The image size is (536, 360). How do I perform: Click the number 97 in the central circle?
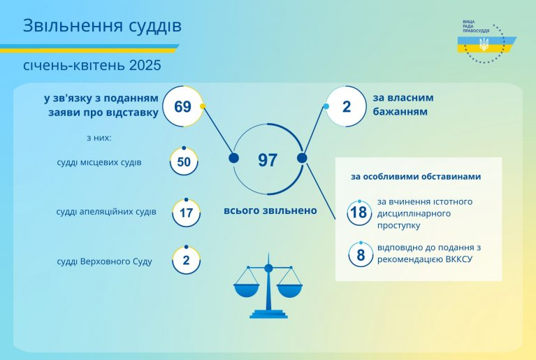[268, 160]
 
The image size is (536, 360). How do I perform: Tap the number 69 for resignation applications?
[182, 107]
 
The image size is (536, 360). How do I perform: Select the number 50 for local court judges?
[184, 161]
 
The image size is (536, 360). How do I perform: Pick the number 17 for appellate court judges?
[187, 213]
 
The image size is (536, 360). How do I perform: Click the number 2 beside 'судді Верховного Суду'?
[186, 260]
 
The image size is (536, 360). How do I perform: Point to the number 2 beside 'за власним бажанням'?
[347, 107]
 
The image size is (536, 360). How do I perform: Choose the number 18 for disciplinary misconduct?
[359, 213]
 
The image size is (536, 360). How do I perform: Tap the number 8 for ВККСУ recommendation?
[361, 255]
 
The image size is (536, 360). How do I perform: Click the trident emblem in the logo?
[484, 44]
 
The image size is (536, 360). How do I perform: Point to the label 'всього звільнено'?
[270, 210]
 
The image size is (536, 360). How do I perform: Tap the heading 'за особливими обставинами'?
[416, 176]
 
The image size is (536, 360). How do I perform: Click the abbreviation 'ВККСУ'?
[459, 259]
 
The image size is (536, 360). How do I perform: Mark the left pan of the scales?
[247, 290]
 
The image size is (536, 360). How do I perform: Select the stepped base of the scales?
[268, 314]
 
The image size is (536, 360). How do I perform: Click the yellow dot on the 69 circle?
[203, 106]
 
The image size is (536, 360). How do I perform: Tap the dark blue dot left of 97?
[234, 158]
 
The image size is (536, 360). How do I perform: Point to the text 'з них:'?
[99, 138]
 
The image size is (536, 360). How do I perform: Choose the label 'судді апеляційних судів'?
[106, 212]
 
